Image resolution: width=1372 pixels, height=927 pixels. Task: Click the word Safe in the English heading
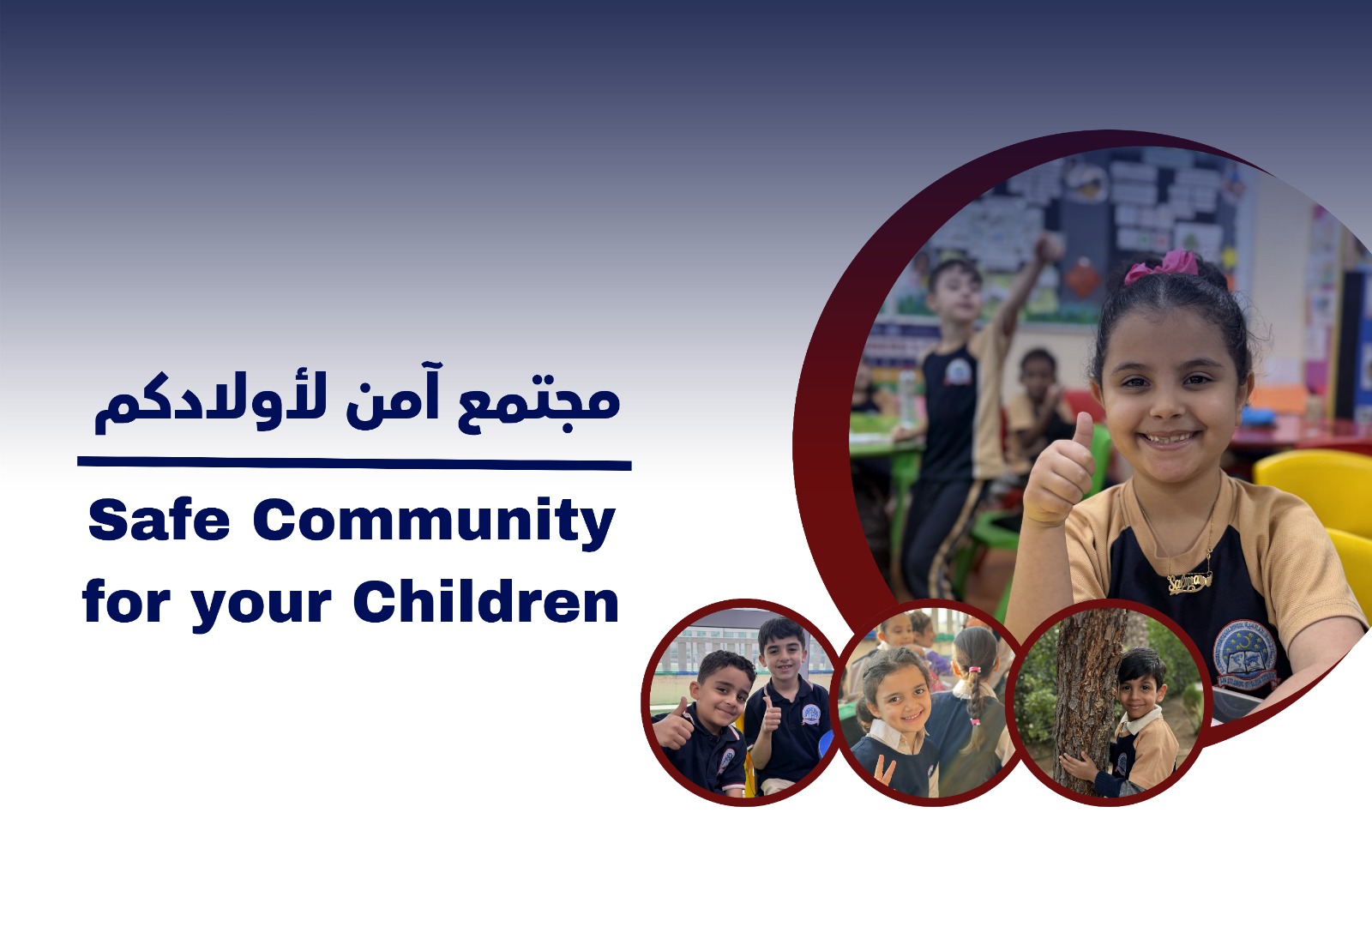159,520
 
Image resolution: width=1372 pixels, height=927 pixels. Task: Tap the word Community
434,522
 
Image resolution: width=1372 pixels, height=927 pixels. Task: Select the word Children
486,602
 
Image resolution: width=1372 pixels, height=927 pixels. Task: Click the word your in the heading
261,605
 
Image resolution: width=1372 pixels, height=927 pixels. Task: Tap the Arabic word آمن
393,395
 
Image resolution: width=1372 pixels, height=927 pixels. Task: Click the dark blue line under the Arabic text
354,464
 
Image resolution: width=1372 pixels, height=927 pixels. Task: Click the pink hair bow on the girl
1161,266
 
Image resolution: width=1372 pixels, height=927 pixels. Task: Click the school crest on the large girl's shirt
1244,655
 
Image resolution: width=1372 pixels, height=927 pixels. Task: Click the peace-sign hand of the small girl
883,770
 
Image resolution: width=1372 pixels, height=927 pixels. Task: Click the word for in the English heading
126,602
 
